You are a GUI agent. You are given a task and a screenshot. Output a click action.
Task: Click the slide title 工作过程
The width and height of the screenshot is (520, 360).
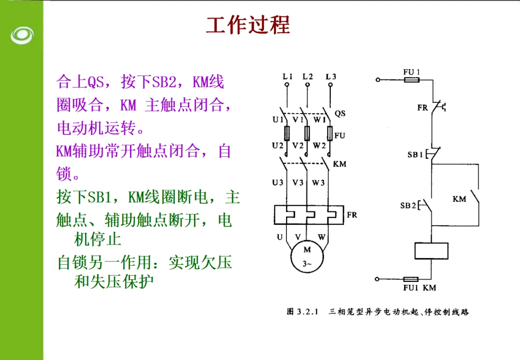pos(248,25)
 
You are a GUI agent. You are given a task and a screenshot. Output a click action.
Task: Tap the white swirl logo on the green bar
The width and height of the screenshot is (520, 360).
pos(22,35)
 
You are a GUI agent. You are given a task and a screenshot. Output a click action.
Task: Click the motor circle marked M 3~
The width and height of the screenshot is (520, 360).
pos(307,256)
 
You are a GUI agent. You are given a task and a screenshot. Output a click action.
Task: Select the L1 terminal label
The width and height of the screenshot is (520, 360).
pos(287,77)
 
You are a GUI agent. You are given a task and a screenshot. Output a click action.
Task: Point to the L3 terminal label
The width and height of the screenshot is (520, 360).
pos(331,77)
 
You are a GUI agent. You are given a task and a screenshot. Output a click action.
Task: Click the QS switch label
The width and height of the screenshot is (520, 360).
pos(340,114)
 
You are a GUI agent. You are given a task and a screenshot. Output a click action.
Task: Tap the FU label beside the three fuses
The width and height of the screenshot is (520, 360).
pos(339,135)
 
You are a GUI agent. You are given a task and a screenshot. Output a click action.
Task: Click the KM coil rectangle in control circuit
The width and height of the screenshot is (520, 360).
pos(431,251)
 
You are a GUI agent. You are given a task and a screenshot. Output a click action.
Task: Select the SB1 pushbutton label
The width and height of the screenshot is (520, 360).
pos(415,154)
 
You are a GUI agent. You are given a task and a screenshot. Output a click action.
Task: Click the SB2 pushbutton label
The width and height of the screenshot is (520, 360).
pos(408,206)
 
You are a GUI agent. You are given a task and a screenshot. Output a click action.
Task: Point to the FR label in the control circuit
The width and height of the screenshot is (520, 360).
pos(422,107)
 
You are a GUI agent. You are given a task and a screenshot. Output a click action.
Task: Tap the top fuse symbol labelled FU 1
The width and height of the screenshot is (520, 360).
pos(412,80)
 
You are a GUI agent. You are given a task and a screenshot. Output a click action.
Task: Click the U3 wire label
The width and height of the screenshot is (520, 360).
pos(278,182)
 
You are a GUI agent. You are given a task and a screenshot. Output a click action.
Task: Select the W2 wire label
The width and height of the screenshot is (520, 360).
pos(319,145)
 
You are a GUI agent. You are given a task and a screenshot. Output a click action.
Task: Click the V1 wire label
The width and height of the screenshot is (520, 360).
pos(298,119)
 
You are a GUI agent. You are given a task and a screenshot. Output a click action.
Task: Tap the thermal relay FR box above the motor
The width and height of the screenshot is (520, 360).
pos(309,215)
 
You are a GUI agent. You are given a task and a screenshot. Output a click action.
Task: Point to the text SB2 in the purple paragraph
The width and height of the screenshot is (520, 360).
pos(164,81)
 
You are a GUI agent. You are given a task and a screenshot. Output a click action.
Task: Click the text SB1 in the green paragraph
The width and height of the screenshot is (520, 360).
pos(99,197)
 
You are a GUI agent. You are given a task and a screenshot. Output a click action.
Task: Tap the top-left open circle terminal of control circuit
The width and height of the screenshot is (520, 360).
pos(378,80)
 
